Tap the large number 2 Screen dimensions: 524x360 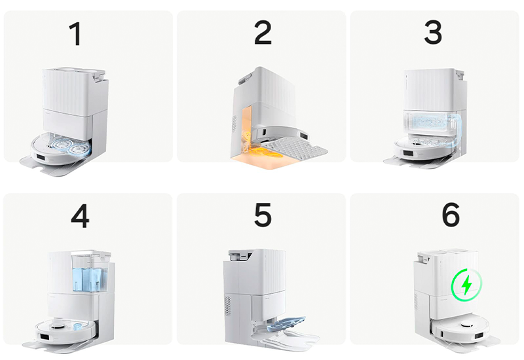[x=263, y=33]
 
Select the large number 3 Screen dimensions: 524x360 [x=433, y=32]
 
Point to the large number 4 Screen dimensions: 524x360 [x=80, y=216]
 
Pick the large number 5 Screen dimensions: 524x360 [x=263, y=215]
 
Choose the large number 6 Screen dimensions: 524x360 [x=451, y=215]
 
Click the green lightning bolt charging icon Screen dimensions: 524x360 [x=466, y=285]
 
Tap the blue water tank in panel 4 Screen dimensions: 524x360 [x=90, y=276]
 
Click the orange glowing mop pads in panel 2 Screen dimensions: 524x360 [x=267, y=154]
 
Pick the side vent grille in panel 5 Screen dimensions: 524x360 [x=227, y=306]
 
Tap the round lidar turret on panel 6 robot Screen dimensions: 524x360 [x=466, y=324]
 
